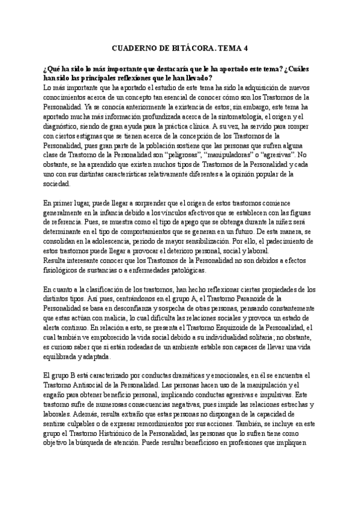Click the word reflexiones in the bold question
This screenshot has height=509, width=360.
click(142, 78)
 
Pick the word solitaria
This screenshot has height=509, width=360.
click(266, 337)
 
